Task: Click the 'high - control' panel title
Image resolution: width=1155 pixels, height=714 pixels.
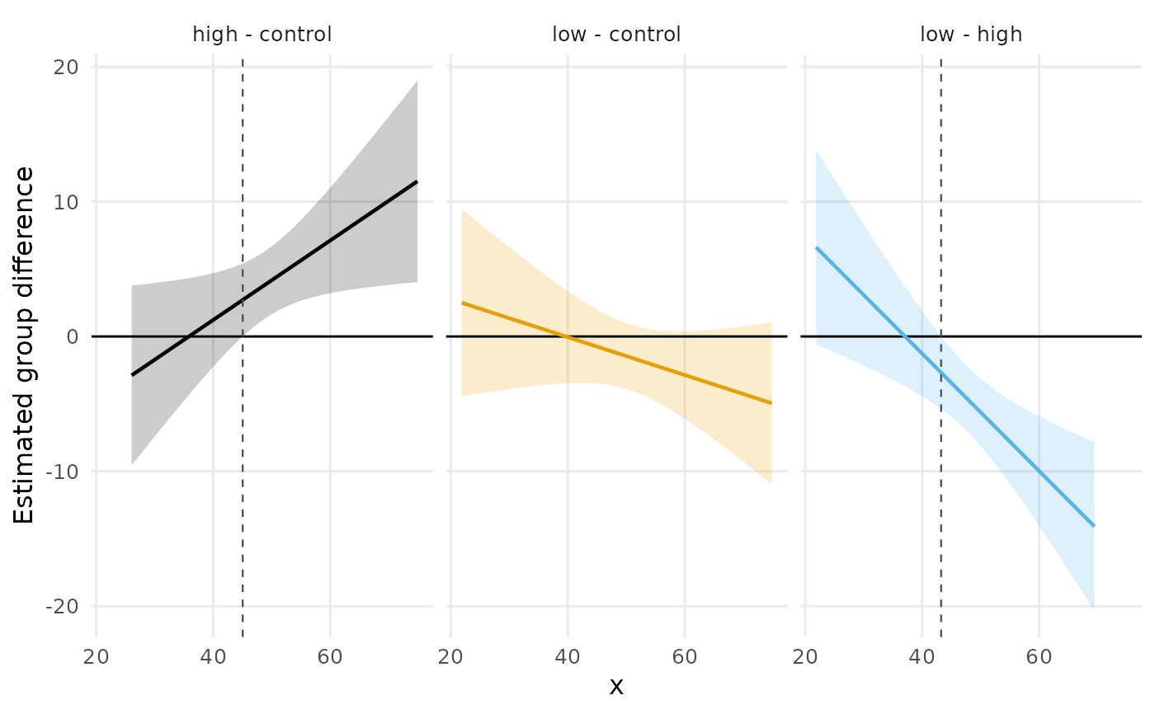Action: click(262, 35)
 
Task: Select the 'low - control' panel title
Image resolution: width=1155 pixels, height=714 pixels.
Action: click(616, 35)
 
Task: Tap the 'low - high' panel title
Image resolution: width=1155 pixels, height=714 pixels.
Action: click(971, 35)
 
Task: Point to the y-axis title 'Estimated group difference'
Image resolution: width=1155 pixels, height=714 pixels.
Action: click(23, 345)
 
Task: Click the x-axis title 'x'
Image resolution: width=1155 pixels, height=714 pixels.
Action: click(616, 686)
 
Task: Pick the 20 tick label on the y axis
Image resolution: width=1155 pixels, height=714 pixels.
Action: click(66, 67)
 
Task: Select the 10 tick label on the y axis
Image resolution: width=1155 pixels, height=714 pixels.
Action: click(66, 202)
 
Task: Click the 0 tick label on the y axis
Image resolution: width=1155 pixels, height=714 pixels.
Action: click(73, 337)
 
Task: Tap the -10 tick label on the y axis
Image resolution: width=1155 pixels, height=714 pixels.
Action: click(62, 472)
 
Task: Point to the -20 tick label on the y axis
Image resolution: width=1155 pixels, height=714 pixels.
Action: click(62, 606)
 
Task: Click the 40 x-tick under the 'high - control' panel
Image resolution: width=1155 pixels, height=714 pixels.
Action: click(213, 657)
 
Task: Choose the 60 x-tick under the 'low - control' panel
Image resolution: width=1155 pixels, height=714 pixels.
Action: click(685, 657)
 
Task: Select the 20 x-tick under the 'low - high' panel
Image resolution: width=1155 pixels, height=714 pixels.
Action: click(805, 657)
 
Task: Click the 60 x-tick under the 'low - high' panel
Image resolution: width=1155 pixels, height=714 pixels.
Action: click(1039, 657)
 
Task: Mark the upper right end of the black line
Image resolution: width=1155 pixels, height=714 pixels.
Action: click(417, 181)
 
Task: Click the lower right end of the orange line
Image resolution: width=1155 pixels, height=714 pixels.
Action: click(772, 403)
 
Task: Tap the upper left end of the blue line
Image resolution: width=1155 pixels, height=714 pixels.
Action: click(816, 248)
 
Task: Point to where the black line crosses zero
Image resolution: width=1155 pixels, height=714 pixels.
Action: click(190, 336)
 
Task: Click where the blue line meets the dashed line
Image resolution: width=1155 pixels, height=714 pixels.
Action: click(941, 372)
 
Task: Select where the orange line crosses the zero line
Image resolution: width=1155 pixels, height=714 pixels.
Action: click(566, 336)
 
